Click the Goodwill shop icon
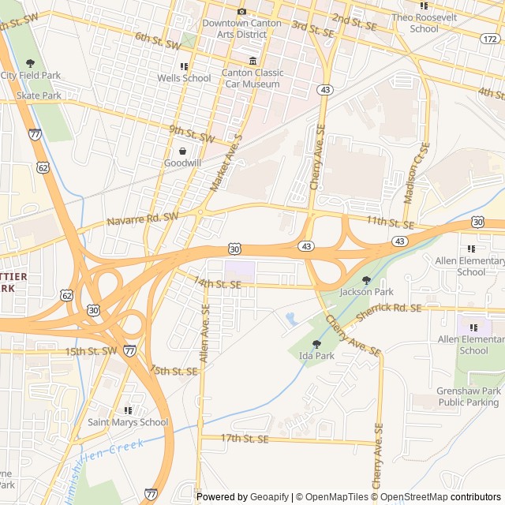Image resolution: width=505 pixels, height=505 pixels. tap(182, 151)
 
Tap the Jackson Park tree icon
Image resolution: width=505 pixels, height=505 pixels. tap(365, 280)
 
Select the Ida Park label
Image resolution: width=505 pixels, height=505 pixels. tap(317, 356)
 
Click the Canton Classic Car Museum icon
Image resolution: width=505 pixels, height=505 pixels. tap(252, 62)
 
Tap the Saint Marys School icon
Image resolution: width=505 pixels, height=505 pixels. tap(128, 410)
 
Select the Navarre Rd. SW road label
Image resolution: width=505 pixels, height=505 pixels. tap(143, 219)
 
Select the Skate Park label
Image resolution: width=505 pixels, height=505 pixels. tap(39, 95)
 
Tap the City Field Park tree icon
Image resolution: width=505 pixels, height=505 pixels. tap(30, 63)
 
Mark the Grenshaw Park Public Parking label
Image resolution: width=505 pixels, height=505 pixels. tap(469, 396)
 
